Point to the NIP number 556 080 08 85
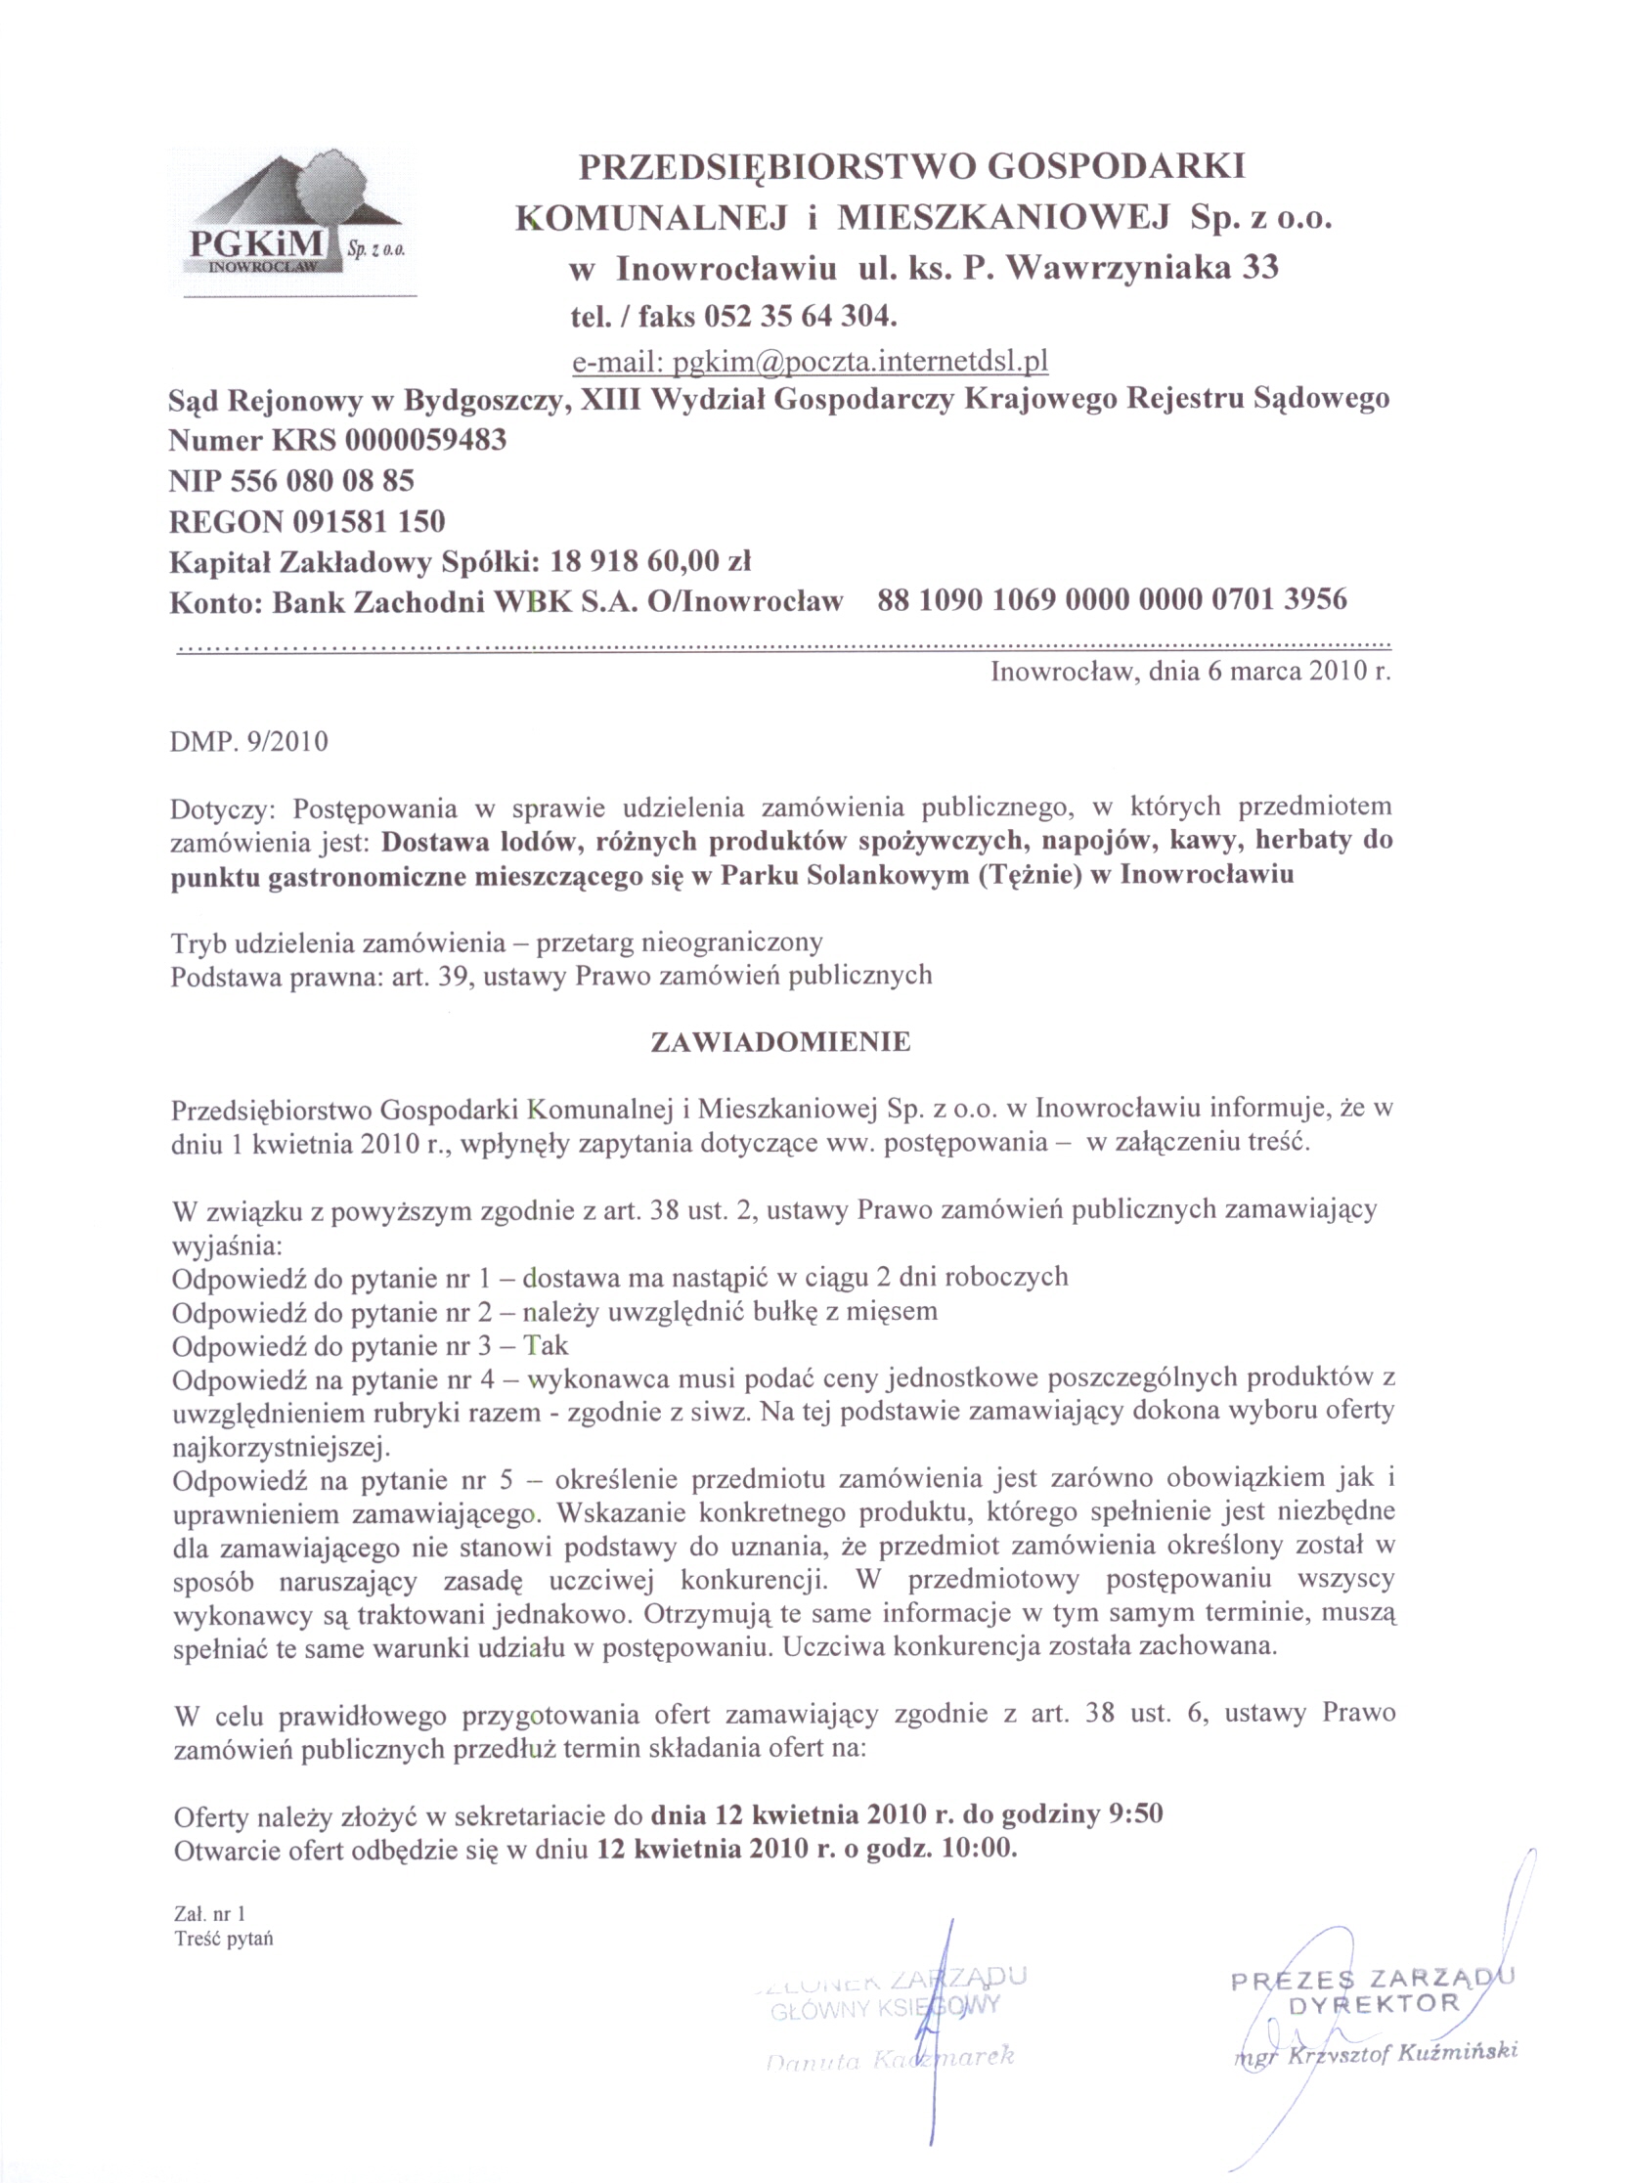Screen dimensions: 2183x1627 [x=322, y=481]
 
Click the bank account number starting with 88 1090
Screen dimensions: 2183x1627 [x=1112, y=598]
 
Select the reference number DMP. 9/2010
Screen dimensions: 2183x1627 [x=249, y=740]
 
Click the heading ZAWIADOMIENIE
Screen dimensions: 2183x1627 [x=781, y=1042]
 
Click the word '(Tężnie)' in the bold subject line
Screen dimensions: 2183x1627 [x=1029, y=875]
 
